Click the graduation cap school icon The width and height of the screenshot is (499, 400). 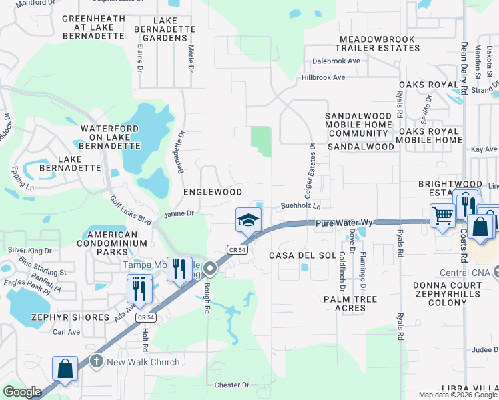click(248, 219)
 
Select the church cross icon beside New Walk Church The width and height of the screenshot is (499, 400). click(96, 362)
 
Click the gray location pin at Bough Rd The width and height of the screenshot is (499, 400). click(210, 269)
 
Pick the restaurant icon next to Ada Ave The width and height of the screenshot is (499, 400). click(139, 288)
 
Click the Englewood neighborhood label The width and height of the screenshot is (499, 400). click(213, 192)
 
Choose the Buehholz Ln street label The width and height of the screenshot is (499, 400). click(300, 206)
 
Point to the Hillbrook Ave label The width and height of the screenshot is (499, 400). click(323, 77)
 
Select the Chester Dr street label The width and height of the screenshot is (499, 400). click(231, 385)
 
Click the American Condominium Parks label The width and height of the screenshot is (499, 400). click(112, 243)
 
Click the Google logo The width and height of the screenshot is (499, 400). click(22, 392)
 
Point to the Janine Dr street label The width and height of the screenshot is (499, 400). click(178, 213)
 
